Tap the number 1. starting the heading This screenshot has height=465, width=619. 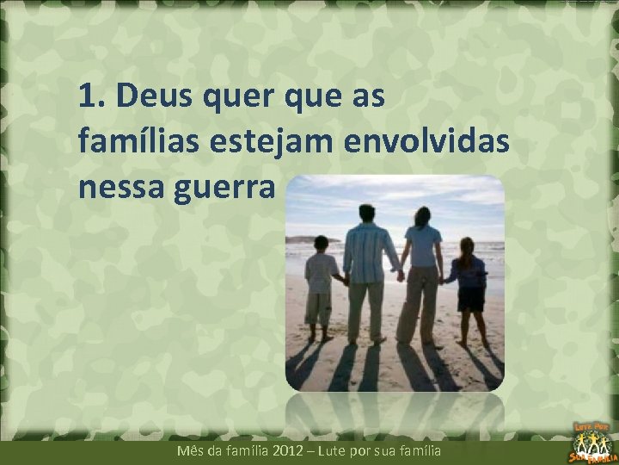(91, 97)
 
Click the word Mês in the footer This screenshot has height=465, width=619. (188, 450)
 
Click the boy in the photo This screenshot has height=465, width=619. (321, 284)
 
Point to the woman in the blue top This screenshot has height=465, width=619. (422, 271)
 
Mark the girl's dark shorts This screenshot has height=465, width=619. (470, 299)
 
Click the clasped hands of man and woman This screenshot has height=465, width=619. (400, 276)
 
